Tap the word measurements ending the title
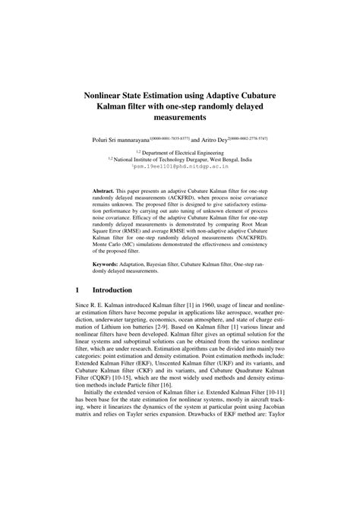179,119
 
